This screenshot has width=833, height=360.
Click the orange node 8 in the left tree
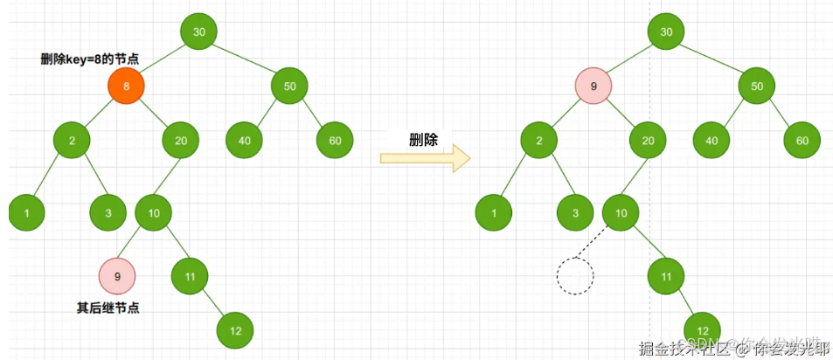[126, 86]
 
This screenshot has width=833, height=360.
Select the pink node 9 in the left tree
[117, 276]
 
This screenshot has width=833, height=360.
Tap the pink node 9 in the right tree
[594, 87]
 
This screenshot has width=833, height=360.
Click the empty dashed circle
[575, 277]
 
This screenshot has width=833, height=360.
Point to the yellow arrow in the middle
[426, 158]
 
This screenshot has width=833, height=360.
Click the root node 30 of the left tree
[198, 32]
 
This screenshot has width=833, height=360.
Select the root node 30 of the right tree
[666, 32]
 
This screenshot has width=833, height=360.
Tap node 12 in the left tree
[235, 330]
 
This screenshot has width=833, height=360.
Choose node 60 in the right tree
[802, 140]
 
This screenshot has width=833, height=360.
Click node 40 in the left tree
[244, 140]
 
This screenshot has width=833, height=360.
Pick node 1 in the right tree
[494, 212]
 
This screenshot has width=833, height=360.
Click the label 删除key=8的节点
[90, 59]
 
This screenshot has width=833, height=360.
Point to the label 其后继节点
[108, 307]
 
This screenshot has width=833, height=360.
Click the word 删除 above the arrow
[424, 140]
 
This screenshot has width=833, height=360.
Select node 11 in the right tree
[666, 277]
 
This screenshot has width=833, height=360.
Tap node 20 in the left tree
[180, 140]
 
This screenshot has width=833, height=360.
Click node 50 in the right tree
[756, 87]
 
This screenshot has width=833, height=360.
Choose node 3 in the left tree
[108, 212]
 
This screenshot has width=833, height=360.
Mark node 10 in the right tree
[621, 212]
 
